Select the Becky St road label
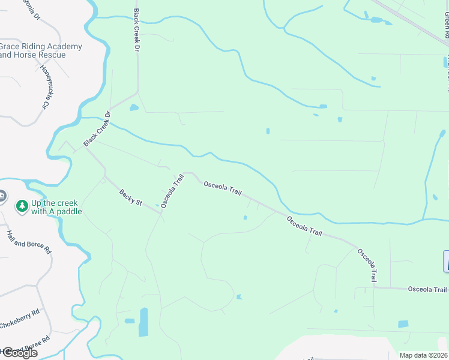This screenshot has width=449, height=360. pyautogui.click(x=130, y=197)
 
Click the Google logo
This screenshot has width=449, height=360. pyautogui.click(x=19, y=353)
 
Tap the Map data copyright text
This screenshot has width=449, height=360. pyautogui.click(x=423, y=355)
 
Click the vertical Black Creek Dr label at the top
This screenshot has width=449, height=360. pyautogui.click(x=136, y=29)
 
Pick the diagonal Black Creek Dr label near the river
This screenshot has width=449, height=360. pyautogui.click(x=98, y=128)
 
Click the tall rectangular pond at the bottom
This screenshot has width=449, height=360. pyautogui.click(x=143, y=322)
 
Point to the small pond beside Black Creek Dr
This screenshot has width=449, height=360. pyautogui.click(x=133, y=108)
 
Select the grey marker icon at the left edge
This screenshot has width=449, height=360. pyautogui.click(x=2, y=197)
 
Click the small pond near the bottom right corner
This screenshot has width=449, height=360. pyautogui.click(x=403, y=324)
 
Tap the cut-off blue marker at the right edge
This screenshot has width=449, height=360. pyautogui.click(x=446, y=262)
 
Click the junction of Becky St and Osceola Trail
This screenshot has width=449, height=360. pyautogui.click(x=161, y=212)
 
